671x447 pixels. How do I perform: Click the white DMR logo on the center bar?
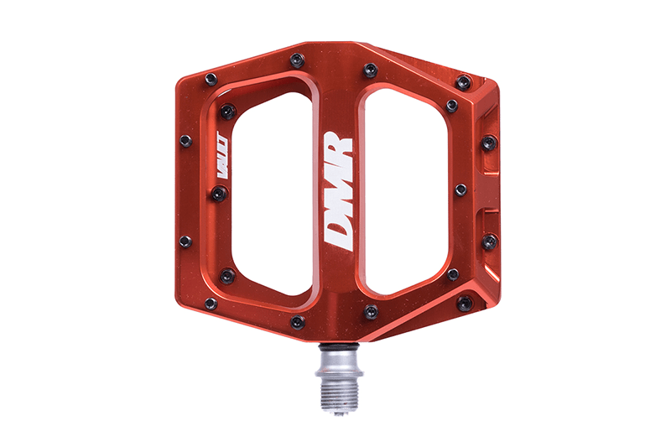pos(338,191)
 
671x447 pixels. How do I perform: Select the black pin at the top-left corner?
pos(211,78)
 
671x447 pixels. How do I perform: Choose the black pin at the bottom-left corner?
pos(210,304)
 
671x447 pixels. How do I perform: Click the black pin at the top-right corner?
pos(464,81)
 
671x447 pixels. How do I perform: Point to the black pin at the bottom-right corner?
pos(464,303)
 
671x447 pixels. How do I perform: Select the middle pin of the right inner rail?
pos(460,190)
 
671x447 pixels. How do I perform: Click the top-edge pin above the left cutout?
pos(297,60)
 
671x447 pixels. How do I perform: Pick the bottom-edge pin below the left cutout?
pos(297,322)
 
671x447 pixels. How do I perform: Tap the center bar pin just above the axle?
pos(371,312)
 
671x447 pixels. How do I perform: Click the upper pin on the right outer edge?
pos(490,143)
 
